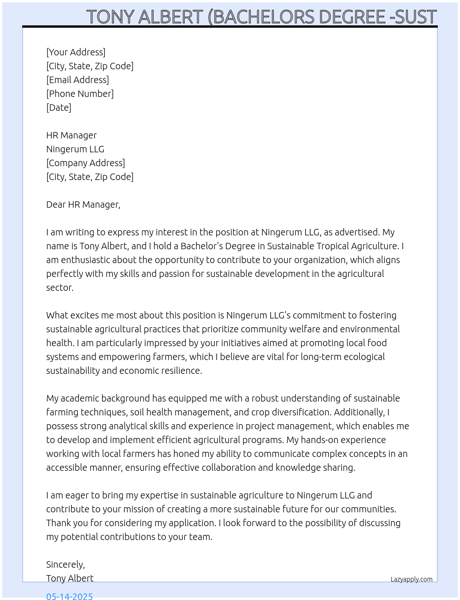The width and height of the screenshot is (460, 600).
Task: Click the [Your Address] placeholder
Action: click(76, 52)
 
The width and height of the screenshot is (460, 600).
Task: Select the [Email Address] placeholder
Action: click(78, 80)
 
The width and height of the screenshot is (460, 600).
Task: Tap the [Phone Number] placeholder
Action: click(80, 94)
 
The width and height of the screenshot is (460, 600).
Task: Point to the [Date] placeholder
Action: click(59, 108)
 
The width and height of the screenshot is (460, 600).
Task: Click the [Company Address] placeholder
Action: click(85, 163)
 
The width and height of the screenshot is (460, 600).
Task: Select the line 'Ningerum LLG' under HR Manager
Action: click(75, 149)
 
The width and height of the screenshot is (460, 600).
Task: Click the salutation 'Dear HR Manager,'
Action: click(83, 204)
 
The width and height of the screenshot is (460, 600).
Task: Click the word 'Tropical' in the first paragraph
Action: click(326, 246)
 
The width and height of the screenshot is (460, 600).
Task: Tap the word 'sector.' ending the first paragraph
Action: click(60, 288)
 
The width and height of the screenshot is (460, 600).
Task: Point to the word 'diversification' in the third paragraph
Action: click(300, 412)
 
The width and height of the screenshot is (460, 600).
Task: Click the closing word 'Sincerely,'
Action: click(66, 564)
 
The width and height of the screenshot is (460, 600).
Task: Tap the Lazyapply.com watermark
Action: click(412, 579)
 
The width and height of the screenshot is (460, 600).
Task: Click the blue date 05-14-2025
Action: click(69, 596)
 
